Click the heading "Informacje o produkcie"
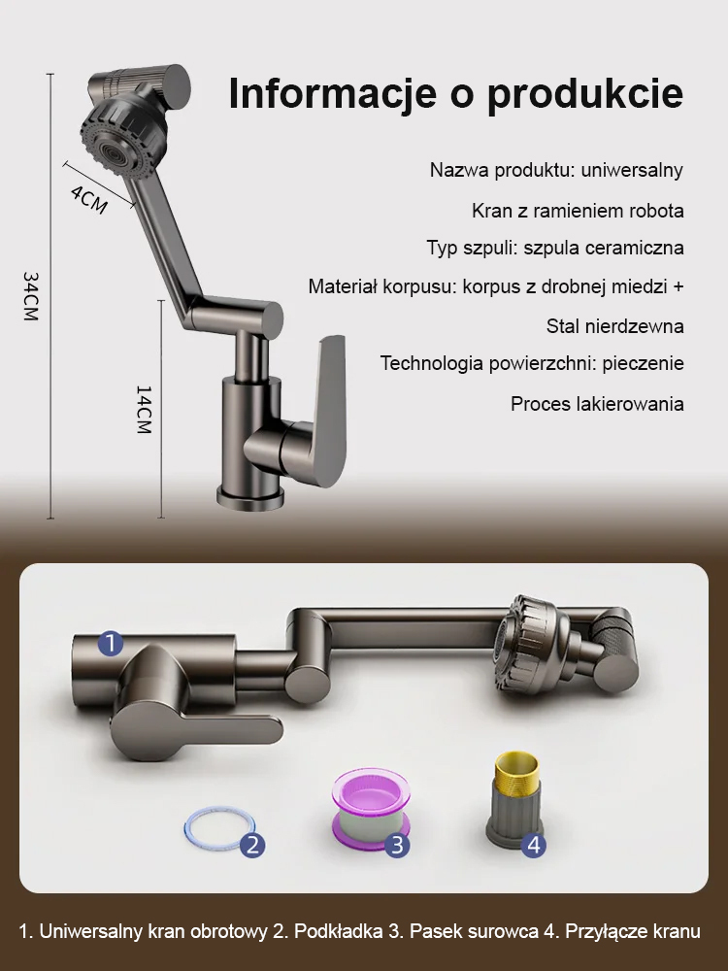[x=455, y=95]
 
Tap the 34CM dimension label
[x=31, y=296]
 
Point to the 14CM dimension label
[x=143, y=409]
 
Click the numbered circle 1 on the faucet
[x=111, y=643]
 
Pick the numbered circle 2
[x=252, y=844]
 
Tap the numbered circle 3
[x=396, y=844]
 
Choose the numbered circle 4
[x=533, y=845]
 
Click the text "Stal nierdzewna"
[x=614, y=326]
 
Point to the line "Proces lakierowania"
[x=597, y=404]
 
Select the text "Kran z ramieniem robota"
[x=578, y=211]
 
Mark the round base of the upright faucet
[x=249, y=496]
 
